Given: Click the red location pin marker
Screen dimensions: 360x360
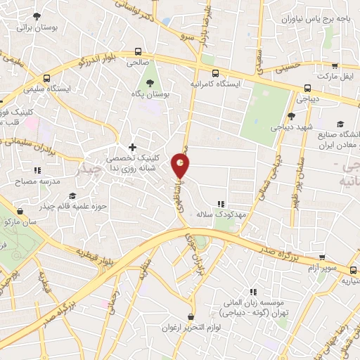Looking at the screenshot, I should [180, 166].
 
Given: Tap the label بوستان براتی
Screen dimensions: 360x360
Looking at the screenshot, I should [35, 27].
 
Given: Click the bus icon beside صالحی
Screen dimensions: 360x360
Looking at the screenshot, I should [137, 51].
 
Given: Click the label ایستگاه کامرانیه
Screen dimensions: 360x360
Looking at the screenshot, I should [215, 83].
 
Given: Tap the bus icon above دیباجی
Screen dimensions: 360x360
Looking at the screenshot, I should [307, 89].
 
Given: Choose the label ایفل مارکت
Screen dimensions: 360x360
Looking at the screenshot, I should [337, 75].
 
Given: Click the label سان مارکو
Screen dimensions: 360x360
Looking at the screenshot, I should [20, 221].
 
